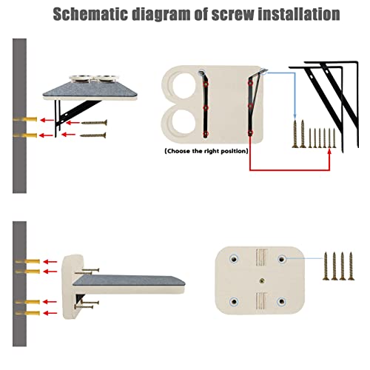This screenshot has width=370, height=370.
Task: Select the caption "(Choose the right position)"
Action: point(206,151)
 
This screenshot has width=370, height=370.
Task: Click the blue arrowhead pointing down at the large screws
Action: point(295,116)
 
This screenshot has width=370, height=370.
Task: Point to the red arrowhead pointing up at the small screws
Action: point(329,150)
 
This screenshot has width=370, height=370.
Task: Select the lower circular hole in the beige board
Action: point(184,122)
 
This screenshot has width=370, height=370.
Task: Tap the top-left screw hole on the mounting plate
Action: point(234,259)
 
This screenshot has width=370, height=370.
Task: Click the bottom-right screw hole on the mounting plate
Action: point(281,301)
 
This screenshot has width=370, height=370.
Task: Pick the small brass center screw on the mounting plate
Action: point(262,280)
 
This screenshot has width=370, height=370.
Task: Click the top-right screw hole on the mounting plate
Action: point(282,259)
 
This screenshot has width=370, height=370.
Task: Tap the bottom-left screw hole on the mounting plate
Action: point(234,301)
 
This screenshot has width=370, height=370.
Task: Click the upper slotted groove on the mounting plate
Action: point(262,258)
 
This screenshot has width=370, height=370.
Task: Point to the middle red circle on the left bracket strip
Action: point(206,108)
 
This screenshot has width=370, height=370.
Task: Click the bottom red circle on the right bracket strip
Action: point(250,133)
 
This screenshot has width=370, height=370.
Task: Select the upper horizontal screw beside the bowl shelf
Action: point(94,122)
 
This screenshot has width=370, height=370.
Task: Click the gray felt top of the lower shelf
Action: point(129,280)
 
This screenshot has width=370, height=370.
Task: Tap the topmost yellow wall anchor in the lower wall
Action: point(27,261)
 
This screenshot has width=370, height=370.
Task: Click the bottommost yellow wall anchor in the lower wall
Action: point(27,313)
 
